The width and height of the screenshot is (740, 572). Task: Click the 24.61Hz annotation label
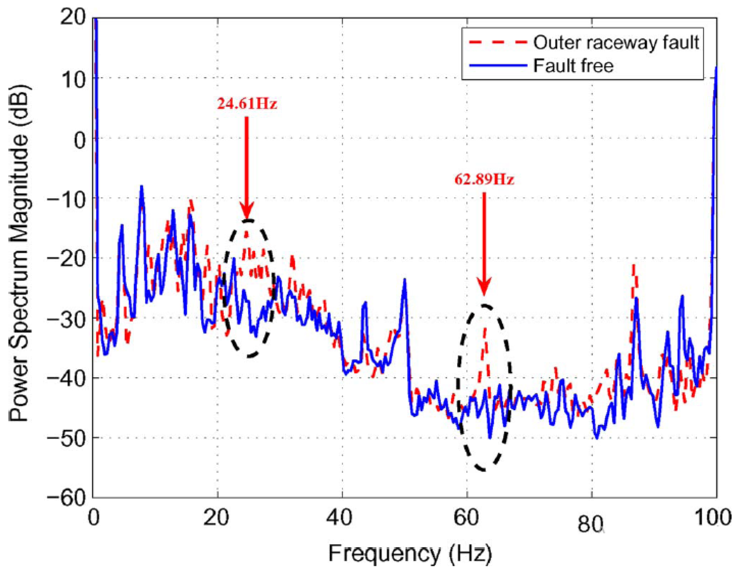pos(247,104)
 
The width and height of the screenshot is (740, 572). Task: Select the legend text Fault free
pos(573,66)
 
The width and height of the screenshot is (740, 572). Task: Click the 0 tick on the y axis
pos(80,138)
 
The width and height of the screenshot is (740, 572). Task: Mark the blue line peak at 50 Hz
pos(404,280)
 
